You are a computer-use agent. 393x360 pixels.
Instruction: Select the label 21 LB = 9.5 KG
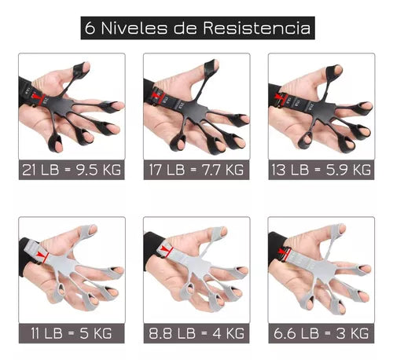(x=71, y=169)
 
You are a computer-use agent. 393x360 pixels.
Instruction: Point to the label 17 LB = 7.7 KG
(x=196, y=169)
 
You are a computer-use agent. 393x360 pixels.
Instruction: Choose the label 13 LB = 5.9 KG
(x=321, y=169)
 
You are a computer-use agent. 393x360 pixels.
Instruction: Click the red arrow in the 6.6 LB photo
(x=285, y=253)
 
